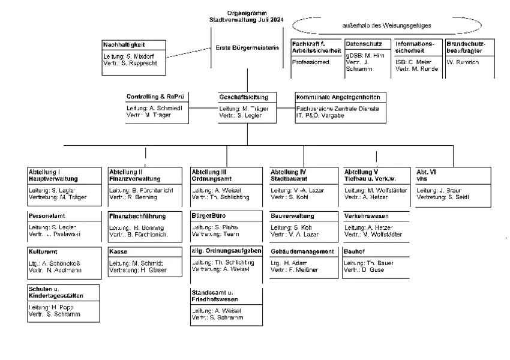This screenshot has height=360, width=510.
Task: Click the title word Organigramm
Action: tap(247, 13)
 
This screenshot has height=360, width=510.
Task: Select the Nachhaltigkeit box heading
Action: tap(124, 44)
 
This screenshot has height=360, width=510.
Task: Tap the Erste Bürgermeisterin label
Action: tap(247, 48)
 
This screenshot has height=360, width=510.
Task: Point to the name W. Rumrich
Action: tap(463, 62)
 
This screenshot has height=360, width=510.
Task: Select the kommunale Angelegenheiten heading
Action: tap(338, 97)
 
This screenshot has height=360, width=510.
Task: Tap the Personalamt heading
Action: tap(46, 215)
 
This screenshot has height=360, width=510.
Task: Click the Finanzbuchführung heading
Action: tap(137, 215)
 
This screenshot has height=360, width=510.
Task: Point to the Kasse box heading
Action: tap(117, 251)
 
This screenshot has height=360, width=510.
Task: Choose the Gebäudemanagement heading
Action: tap(302, 251)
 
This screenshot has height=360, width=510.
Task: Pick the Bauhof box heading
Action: tap(355, 251)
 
